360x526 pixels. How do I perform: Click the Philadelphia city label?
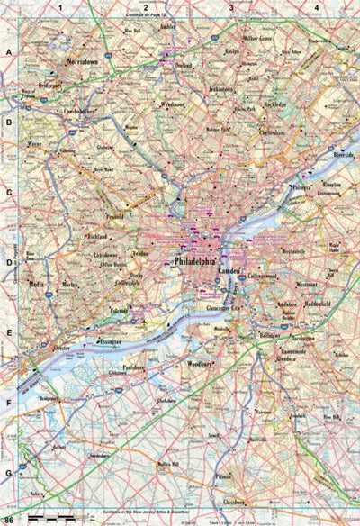(x=194, y=259)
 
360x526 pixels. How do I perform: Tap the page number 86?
(x=8, y=520)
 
